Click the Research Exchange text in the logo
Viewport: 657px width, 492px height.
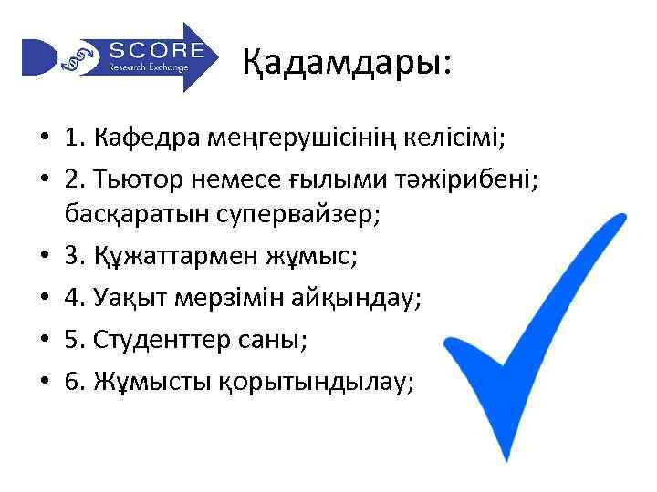148,67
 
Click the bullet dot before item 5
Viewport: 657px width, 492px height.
43,340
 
